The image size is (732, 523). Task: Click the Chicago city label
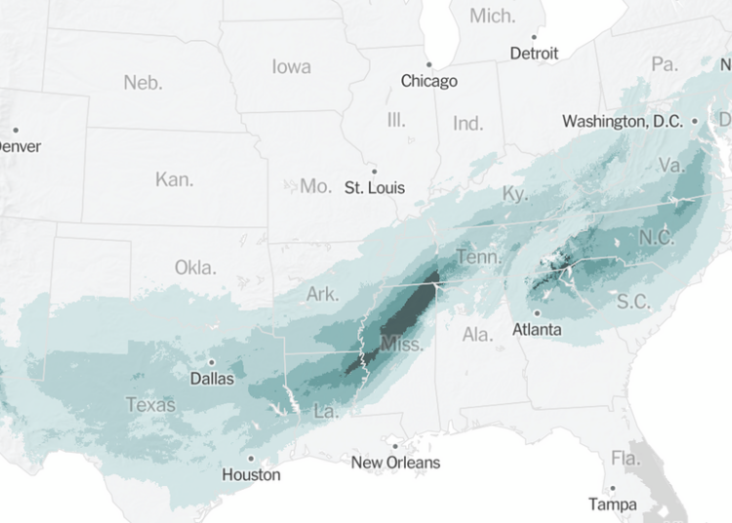pyautogui.click(x=428, y=81)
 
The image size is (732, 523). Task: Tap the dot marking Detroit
pyautogui.click(x=534, y=36)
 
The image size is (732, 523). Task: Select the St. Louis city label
pyautogui.click(x=375, y=187)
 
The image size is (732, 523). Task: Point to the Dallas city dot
pyautogui.click(x=211, y=361)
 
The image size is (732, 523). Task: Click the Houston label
pyautogui.click(x=251, y=475)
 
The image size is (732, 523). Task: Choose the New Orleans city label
pyautogui.click(x=395, y=463)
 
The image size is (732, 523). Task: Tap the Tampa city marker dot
pyautogui.click(x=613, y=488)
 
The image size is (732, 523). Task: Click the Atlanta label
pyautogui.click(x=537, y=330)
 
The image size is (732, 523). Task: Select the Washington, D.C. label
pyautogui.click(x=624, y=122)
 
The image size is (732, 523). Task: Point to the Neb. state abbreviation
pyautogui.click(x=143, y=83)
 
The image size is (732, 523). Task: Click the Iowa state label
pyautogui.click(x=291, y=66)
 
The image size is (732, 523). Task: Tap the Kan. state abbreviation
pyautogui.click(x=174, y=180)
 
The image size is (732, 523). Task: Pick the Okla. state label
pyautogui.click(x=195, y=267)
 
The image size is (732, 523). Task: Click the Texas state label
pyautogui.click(x=150, y=404)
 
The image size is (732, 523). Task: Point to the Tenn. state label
pyautogui.click(x=478, y=258)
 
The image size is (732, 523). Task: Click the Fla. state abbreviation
pyautogui.click(x=625, y=458)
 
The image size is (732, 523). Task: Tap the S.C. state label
pyautogui.click(x=633, y=302)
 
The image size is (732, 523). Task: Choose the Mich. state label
pyautogui.click(x=493, y=16)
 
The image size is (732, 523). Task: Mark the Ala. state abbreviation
pyautogui.click(x=477, y=335)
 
